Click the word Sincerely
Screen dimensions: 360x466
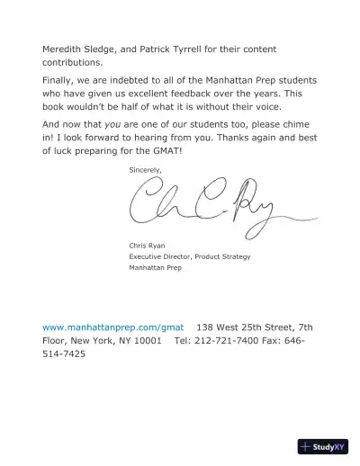(x=146, y=169)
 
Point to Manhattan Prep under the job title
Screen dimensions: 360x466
(x=156, y=268)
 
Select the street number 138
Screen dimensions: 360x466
(x=206, y=327)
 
